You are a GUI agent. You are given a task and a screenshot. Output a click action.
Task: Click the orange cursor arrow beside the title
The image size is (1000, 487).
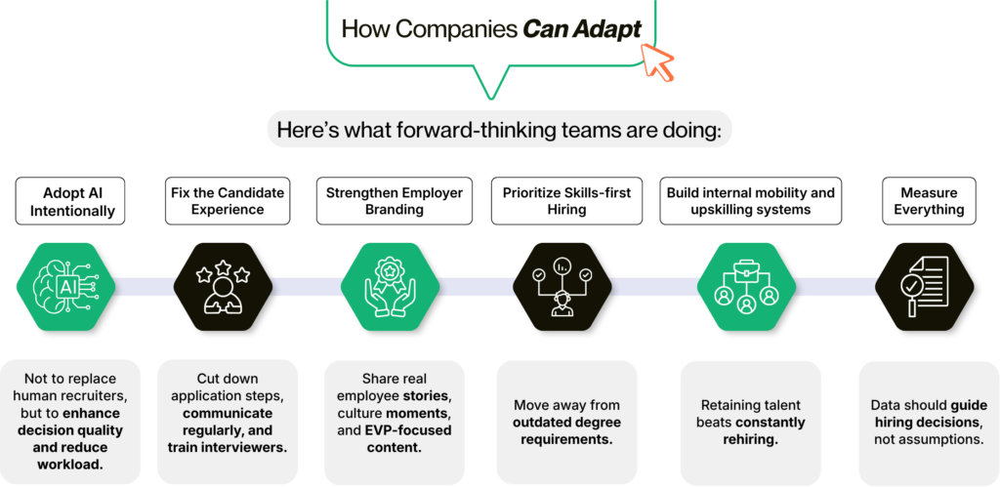point(659,61)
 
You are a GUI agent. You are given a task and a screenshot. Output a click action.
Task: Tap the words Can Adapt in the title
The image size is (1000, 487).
point(582,28)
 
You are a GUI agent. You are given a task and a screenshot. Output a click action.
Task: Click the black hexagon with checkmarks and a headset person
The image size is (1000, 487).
point(562,286)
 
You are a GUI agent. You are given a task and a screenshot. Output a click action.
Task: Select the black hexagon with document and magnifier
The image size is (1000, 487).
point(924,286)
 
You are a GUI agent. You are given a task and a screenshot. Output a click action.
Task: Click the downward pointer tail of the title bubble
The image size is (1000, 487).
point(484,85)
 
